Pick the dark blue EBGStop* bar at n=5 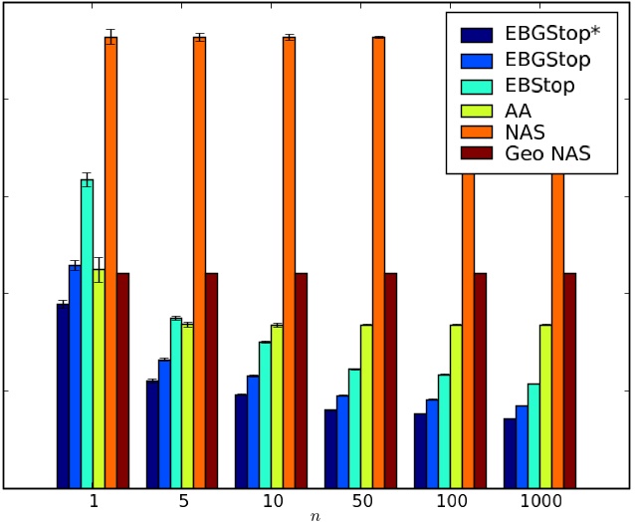pyautogui.click(x=152, y=433)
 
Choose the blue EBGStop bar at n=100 pyautogui.click(x=432, y=443)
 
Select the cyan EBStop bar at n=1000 pyautogui.click(x=533, y=435)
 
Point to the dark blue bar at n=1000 pyautogui.click(x=510, y=453)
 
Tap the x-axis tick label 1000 pyautogui.click(x=539, y=501)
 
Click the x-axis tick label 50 pyautogui.click(x=360, y=501)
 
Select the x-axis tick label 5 pyautogui.click(x=182, y=501)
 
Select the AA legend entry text pyautogui.click(x=518, y=108)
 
